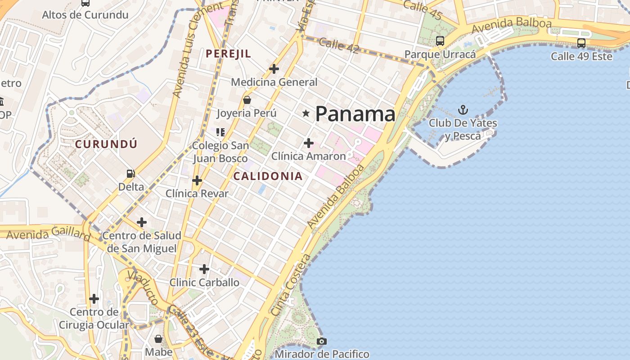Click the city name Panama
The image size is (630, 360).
(x=355, y=114)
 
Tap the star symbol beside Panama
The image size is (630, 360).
(x=306, y=113)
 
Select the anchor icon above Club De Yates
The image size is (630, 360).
(x=463, y=109)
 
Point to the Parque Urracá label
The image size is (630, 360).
(x=440, y=54)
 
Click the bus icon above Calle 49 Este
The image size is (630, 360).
(x=581, y=43)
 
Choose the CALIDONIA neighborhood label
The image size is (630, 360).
(x=268, y=176)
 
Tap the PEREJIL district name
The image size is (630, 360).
(x=228, y=54)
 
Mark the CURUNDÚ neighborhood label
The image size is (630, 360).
(x=106, y=144)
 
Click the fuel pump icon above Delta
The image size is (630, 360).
(x=131, y=173)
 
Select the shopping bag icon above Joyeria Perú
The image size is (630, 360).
(x=247, y=100)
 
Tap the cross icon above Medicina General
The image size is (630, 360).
(x=274, y=69)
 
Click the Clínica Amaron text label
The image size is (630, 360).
(x=308, y=156)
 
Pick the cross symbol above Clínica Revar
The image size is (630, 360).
(x=197, y=180)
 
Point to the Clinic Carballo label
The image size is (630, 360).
(x=204, y=283)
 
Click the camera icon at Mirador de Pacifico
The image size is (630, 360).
(x=321, y=341)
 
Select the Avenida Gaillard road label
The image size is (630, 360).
(x=48, y=234)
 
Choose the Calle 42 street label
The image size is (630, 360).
(x=338, y=45)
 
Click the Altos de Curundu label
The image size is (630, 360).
(x=85, y=15)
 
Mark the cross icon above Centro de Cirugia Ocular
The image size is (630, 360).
(x=94, y=298)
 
